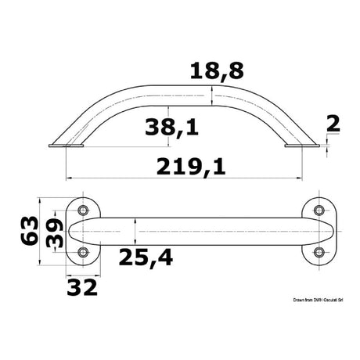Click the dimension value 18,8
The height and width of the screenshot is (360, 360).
point(217,71)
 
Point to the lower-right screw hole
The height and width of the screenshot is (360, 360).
point(319,252)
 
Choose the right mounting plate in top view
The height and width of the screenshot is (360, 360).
point(319,231)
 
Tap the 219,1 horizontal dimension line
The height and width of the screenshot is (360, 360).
point(125,177)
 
